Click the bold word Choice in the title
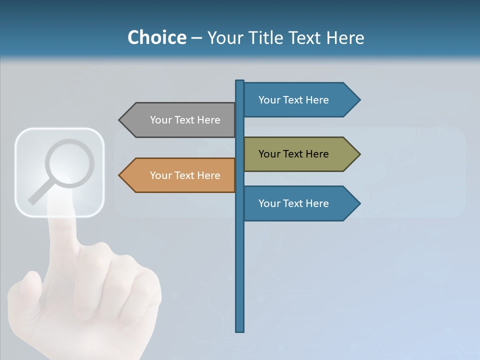coord(156,37)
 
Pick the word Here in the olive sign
coord(317,154)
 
